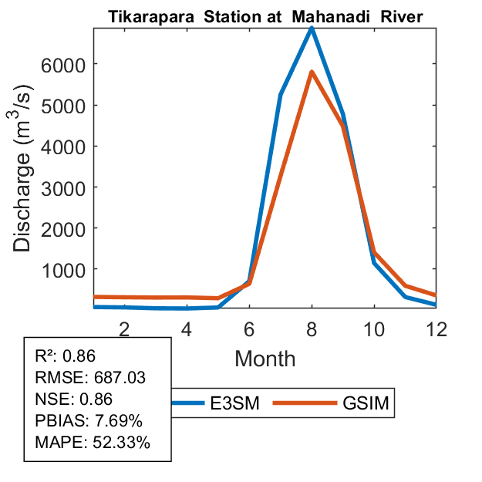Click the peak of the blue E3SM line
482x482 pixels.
pyautogui.click(x=312, y=29)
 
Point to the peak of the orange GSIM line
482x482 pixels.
pyautogui.click(x=312, y=72)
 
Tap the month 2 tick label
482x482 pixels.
pyautogui.click(x=123, y=328)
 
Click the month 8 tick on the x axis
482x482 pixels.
pyautogui.click(x=312, y=328)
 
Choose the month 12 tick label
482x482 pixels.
pyautogui.click(x=436, y=328)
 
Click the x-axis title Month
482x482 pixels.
pyautogui.click(x=265, y=358)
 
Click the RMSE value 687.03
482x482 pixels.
pyautogui.click(x=120, y=378)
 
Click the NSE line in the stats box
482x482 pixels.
pyautogui.click(x=74, y=399)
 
